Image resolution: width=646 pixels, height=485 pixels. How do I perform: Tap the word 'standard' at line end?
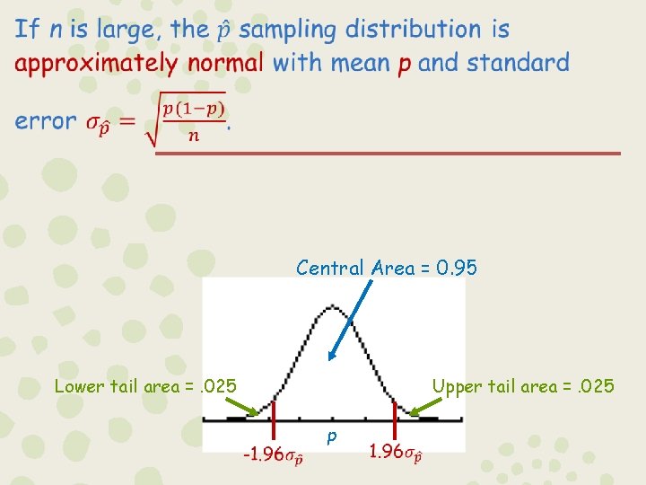[518, 64]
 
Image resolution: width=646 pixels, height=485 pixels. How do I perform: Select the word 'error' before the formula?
[45, 121]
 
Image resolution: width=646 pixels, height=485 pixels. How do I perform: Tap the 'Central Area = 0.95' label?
[387, 268]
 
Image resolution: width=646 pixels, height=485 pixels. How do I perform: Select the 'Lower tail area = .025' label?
[145, 386]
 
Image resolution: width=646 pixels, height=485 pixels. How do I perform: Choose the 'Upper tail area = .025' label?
[523, 386]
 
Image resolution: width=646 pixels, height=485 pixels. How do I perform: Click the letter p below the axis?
[332, 437]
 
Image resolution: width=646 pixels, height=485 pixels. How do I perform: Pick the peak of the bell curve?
[332, 306]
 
